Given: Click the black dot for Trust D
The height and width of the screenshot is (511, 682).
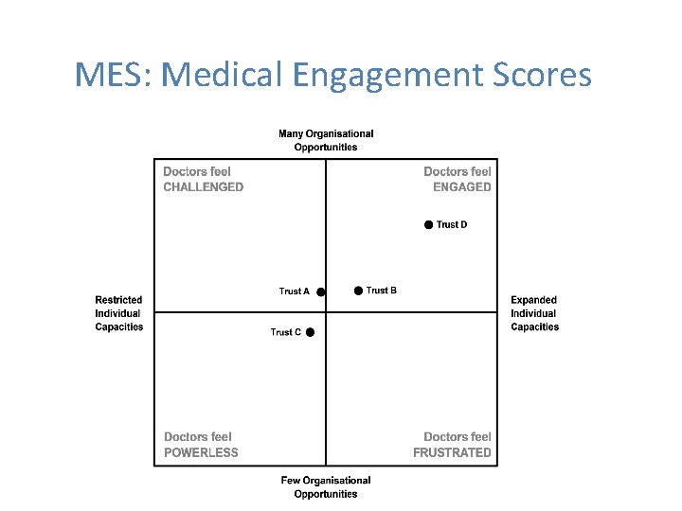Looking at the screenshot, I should click(428, 224).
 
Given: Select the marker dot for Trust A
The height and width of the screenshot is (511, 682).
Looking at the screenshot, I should click(321, 292).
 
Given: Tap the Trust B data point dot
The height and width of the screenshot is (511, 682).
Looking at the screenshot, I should click(358, 291).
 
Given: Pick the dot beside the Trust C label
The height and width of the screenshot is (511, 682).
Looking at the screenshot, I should click(310, 332).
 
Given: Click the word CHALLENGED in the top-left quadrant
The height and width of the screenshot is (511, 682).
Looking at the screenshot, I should click(203, 187).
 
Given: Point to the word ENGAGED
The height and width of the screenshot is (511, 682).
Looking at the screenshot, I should click(461, 187).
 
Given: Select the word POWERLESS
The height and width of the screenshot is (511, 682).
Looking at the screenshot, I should click(201, 452).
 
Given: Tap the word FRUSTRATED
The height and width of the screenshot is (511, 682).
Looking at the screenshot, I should click(452, 452).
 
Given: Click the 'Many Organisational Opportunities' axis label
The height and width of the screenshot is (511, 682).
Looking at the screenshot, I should click(326, 140).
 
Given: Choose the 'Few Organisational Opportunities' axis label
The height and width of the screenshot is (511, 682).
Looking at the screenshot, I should click(326, 487).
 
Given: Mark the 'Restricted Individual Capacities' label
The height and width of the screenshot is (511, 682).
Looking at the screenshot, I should click(119, 313).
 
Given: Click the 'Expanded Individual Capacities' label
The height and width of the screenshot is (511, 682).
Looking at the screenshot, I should click(534, 313).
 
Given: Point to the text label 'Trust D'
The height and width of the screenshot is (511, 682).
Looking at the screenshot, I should click(452, 225).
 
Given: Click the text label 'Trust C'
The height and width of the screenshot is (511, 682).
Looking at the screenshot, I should click(286, 332).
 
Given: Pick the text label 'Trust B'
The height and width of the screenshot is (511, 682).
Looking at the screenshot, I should click(382, 291).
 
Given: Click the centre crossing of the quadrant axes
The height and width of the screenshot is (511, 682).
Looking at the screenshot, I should click(326, 312).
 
